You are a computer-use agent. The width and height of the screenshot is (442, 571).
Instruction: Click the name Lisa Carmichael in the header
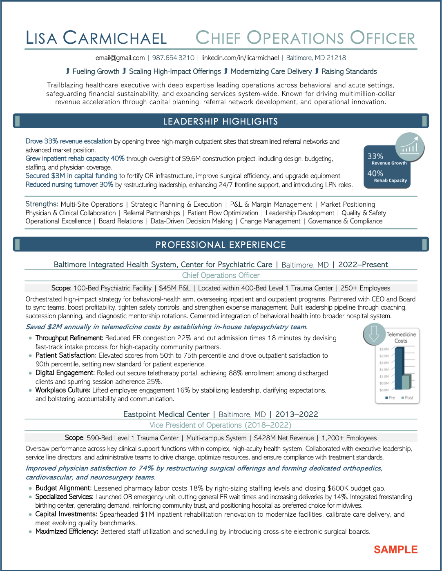(96, 38)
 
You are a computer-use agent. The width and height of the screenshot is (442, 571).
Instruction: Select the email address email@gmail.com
(120, 58)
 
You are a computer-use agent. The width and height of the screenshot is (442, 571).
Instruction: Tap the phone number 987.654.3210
(173, 58)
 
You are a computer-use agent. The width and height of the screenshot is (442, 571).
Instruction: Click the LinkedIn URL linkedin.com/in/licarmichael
(240, 58)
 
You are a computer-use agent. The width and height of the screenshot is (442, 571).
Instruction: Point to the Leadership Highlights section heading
(221, 122)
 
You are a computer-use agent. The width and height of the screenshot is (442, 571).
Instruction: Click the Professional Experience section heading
(221, 245)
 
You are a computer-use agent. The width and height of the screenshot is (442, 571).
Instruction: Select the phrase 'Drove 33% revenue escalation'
(69, 141)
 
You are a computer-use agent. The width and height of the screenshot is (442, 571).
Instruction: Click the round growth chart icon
(410, 147)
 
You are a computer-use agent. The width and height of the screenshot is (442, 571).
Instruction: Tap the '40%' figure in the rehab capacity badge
(375, 174)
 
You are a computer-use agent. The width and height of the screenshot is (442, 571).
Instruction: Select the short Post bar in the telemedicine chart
(406, 381)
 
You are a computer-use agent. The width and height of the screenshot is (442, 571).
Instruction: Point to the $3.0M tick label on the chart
(384, 349)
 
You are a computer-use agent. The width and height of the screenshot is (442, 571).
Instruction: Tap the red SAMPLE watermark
(395, 550)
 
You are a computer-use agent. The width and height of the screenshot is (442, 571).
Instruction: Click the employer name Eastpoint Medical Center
(166, 415)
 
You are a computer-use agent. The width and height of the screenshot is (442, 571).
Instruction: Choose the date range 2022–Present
(363, 265)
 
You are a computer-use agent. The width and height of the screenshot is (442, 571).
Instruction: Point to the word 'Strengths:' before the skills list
(42, 204)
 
